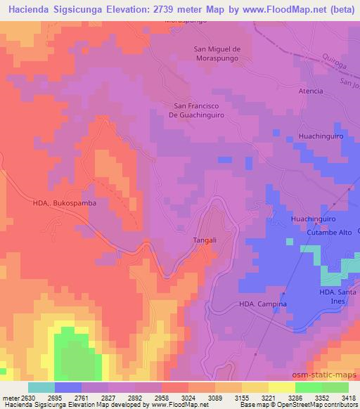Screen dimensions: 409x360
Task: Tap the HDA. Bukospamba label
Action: (64, 202)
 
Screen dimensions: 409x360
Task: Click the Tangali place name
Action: (204, 240)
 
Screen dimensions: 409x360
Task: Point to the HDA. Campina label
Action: (263, 304)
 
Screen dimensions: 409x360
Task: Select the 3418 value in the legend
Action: (349, 398)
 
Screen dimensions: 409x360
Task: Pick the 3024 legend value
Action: (188, 398)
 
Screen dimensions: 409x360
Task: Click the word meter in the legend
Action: (9, 398)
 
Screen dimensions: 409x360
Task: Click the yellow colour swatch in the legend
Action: (281, 387)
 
